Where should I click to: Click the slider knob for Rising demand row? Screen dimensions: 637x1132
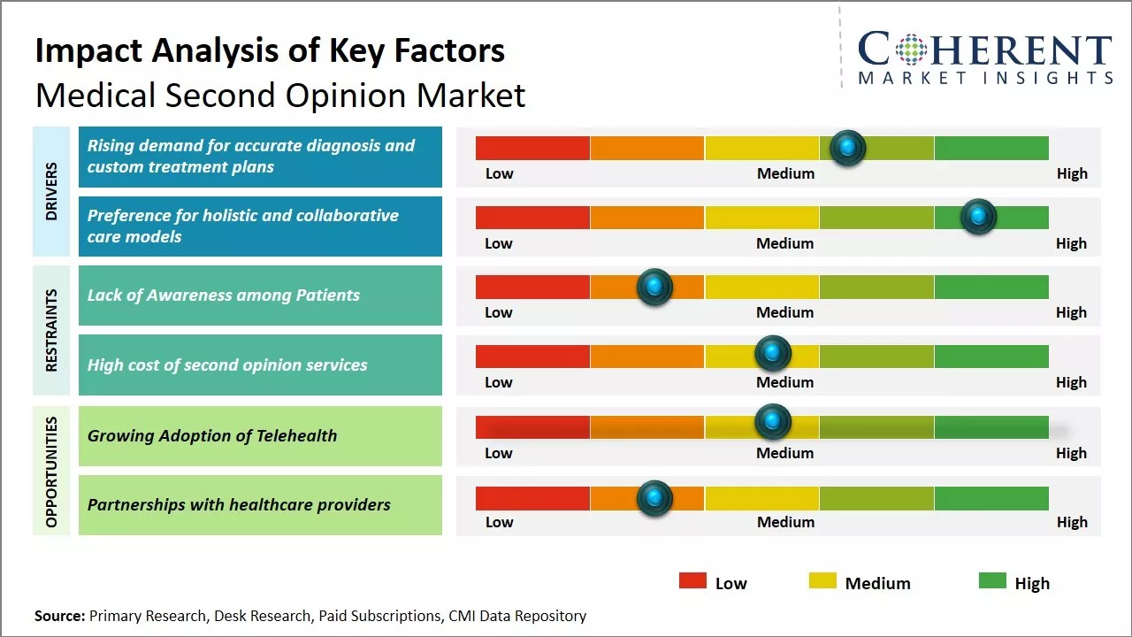[x=848, y=148]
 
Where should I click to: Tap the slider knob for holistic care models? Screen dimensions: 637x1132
[x=978, y=217]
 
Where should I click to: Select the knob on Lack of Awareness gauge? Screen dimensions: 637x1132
[x=654, y=287]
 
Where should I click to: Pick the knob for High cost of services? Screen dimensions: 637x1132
[x=773, y=354]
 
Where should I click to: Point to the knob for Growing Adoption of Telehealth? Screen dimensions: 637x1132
[x=773, y=422]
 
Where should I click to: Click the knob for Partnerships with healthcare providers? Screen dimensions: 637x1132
[x=654, y=498]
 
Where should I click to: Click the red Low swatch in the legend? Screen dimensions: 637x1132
[x=692, y=581]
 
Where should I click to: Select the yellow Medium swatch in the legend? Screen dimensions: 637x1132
[x=822, y=581]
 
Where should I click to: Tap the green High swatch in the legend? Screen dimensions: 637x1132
[x=992, y=581]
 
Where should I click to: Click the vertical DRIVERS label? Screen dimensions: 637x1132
[x=50, y=191]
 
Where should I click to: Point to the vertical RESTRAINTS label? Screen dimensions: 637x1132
[x=50, y=330]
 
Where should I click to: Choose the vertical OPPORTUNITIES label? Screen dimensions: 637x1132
[x=50, y=472]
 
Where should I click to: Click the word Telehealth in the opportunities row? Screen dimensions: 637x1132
[x=296, y=435]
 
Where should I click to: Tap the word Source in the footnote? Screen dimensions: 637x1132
[x=58, y=616]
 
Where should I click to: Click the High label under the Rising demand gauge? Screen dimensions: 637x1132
[x=1072, y=173]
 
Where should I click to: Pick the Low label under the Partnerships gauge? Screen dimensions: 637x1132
[x=499, y=522]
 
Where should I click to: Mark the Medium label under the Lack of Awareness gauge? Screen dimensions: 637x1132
[x=784, y=312]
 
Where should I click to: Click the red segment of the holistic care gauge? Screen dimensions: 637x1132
[x=532, y=217]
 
